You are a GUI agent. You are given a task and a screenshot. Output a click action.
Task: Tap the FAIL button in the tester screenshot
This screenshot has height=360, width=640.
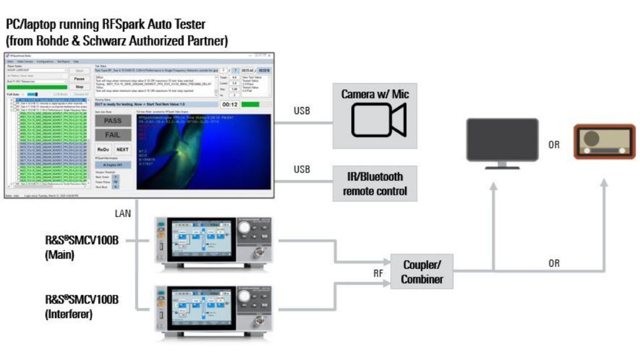(x=113, y=134)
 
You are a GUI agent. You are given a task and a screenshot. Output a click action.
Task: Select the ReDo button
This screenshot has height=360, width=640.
(x=104, y=150)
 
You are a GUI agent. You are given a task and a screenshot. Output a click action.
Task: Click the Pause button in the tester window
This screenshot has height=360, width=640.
(x=79, y=79)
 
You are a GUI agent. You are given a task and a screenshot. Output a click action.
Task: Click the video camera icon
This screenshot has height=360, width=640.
(x=378, y=119)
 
